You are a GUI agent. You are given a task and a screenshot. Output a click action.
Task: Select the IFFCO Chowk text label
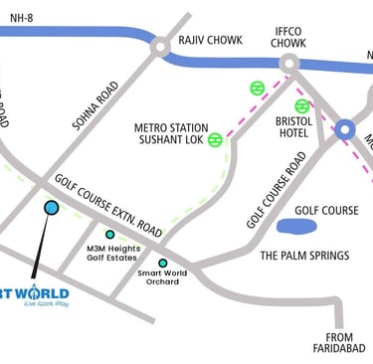click(x=288, y=37)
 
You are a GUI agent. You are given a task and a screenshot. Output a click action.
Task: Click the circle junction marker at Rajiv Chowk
click(x=159, y=47)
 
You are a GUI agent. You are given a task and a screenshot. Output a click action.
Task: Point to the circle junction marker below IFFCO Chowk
click(x=289, y=64)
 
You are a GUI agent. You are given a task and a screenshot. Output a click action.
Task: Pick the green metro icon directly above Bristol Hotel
click(x=301, y=106)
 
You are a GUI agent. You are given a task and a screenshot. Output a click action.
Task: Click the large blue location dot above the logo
click(x=52, y=207)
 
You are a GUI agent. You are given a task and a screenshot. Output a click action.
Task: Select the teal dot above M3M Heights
click(x=110, y=235)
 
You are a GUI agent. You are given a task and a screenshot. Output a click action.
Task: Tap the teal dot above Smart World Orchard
click(x=163, y=264)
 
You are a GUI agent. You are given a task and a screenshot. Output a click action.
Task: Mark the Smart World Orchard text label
click(x=159, y=277)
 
